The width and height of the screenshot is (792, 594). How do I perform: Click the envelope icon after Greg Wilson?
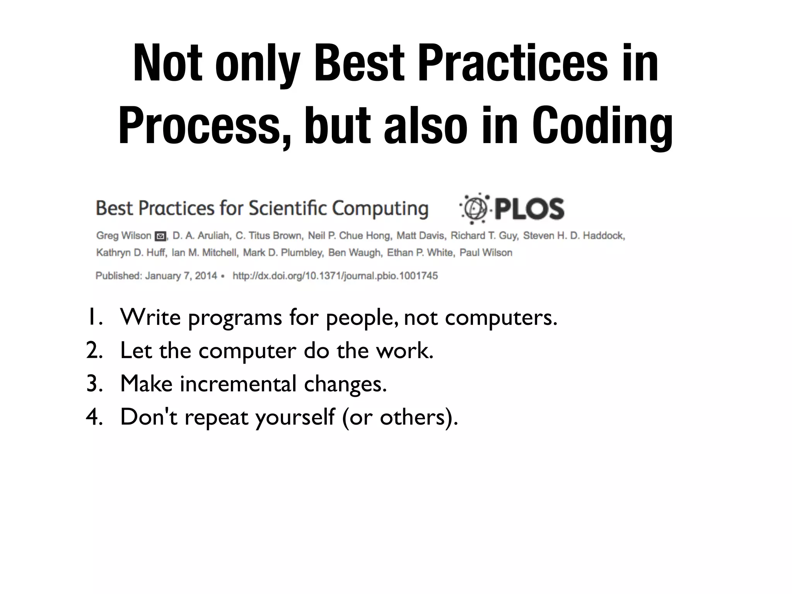160,236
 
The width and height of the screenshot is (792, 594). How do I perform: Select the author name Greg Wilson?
123,236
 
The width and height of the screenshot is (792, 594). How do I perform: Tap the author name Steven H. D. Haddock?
574,236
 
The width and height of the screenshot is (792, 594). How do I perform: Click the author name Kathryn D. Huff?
131,253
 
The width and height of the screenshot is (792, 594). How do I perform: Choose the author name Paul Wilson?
486,253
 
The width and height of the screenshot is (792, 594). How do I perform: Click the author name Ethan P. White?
420,253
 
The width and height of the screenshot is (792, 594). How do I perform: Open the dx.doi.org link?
335,276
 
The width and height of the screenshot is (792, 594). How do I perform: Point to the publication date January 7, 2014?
181,276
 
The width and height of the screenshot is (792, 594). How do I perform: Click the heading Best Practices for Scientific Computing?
262,208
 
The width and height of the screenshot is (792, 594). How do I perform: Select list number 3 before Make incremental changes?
94,384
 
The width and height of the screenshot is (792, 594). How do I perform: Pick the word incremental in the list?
238,384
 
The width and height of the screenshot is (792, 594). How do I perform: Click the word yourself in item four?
295,417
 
